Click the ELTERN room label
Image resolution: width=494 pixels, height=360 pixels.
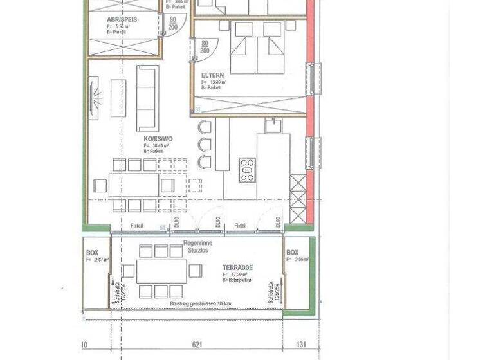[212, 75]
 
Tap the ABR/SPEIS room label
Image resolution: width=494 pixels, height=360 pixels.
[122, 20]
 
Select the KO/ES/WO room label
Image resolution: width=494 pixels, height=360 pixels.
[158, 138]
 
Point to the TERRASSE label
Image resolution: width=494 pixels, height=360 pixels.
[237, 267]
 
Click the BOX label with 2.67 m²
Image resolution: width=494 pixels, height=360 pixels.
[92, 253]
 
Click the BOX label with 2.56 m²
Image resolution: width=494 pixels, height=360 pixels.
[293, 253]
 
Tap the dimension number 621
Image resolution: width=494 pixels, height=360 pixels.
[197, 345]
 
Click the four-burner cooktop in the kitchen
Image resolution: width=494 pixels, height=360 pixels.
[248, 170]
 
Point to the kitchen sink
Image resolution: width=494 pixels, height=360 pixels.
[273, 125]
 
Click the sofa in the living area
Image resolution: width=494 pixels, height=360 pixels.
[147, 97]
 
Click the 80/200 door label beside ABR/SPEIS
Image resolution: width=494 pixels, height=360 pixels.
[172, 24]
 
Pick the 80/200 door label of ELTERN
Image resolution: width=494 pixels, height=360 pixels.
[205, 46]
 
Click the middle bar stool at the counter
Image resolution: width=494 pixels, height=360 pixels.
[204, 144]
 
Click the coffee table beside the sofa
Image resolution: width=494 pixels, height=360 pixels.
[118, 97]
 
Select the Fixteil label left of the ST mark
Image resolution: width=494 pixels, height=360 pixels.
[136, 226]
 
